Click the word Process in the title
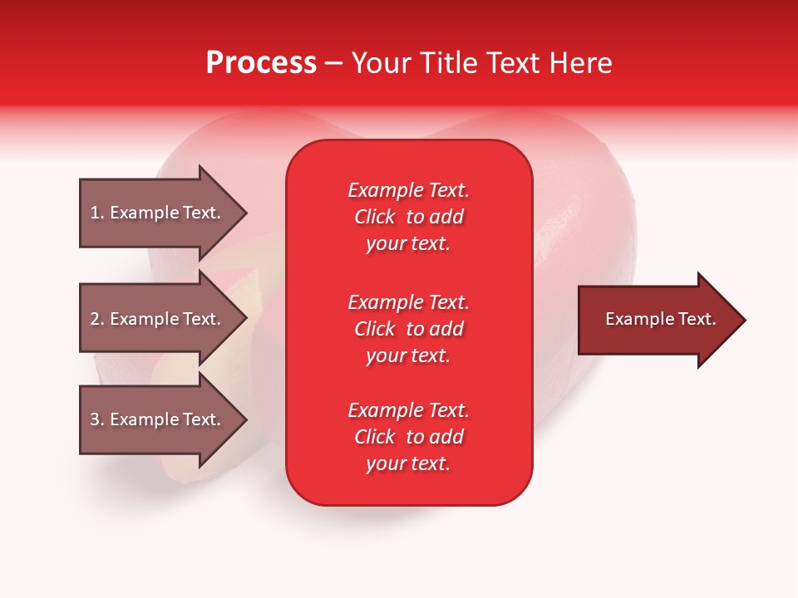(x=262, y=63)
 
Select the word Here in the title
(x=580, y=63)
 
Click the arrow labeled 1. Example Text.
(x=164, y=213)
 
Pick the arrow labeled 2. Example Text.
(x=164, y=318)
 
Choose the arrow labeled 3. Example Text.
(x=164, y=419)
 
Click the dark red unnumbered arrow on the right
(x=663, y=320)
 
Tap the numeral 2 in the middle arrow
(x=95, y=319)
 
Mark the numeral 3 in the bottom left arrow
(x=95, y=419)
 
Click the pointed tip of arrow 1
(x=248, y=213)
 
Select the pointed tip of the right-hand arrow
(x=746, y=320)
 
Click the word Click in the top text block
(x=375, y=217)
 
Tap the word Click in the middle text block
(x=375, y=329)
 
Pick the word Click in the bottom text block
(x=375, y=437)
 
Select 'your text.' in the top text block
(x=408, y=244)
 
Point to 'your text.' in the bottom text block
(x=408, y=463)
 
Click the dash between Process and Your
(x=334, y=65)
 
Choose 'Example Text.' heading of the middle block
(x=409, y=302)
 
